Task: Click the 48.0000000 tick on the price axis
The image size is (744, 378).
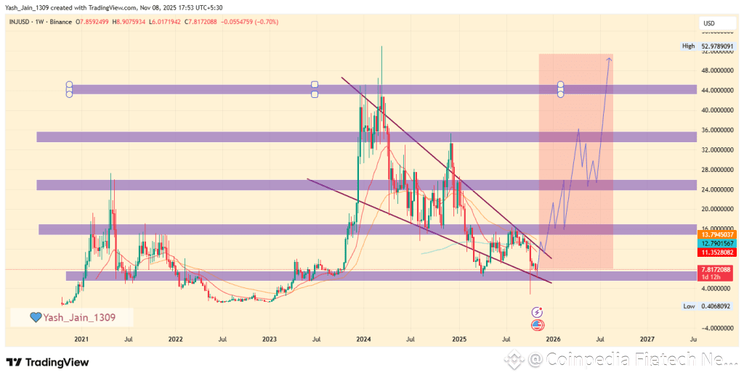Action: [x=716, y=71]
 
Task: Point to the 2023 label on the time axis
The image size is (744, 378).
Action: [x=270, y=339]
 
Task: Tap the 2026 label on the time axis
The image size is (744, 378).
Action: [x=553, y=339]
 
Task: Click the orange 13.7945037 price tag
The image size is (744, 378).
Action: [x=716, y=235]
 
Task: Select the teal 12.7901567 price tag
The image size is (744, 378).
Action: [x=716, y=244]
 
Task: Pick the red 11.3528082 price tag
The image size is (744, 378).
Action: [x=716, y=252]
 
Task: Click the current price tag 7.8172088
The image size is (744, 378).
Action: [x=716, y=269]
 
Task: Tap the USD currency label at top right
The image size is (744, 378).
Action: [x=708, y=23]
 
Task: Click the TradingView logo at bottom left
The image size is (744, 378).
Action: [x=48, y=362]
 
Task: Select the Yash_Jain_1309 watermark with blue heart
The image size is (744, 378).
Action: [x=73, y=317]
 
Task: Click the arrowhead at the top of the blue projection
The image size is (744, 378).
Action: [x=609, y=59]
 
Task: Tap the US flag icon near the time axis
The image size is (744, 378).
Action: [x=538, y=324]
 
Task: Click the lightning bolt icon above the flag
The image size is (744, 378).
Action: [x=538, y=312]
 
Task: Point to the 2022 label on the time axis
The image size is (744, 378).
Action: [x=175, y=339]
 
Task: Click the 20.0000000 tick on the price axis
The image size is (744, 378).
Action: [x=716, y=209]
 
